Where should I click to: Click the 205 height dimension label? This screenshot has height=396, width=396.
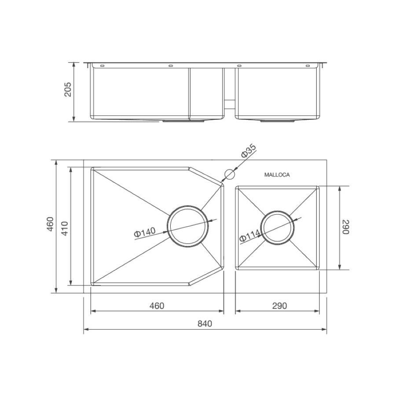(x=68, y=89)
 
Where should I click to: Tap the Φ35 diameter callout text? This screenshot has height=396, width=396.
(x=249, y=151)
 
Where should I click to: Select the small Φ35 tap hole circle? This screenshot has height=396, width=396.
(x=230, y=174)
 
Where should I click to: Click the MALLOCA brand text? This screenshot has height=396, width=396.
(x=277, y=175)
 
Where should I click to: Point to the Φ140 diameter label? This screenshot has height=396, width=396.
(x=145, y=232)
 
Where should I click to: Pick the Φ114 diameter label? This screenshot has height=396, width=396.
(x=249, y=235)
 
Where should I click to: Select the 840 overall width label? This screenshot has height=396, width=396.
(x=205, y=323)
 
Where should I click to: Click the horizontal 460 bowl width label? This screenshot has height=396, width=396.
(x=157, y=306)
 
